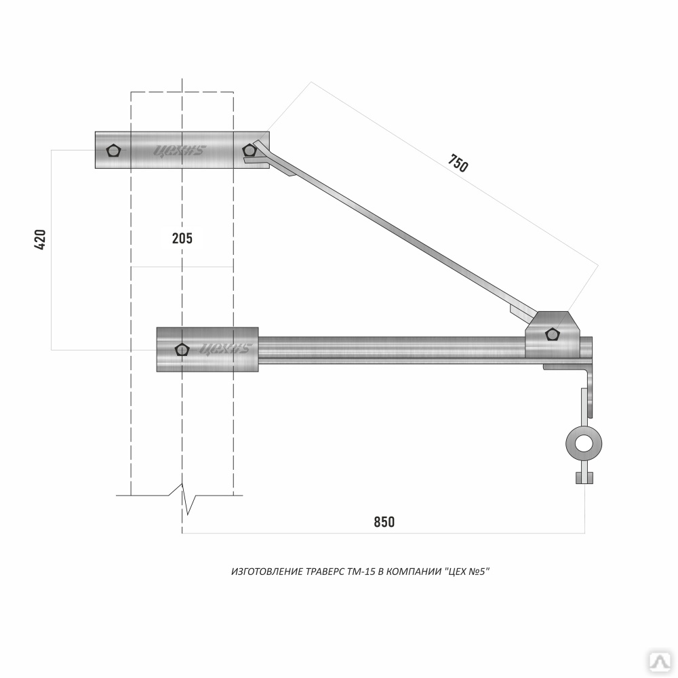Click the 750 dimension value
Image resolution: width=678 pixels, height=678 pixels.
pos(458,163)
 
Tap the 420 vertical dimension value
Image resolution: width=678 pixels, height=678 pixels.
pos(40,239)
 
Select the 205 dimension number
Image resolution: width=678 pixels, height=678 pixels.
pos(182,238)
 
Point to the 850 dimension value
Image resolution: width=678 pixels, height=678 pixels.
pos(384,522)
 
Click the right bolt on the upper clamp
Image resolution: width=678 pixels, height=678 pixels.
pos(250,150)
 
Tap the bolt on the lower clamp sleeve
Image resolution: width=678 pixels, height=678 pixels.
pos(182,350)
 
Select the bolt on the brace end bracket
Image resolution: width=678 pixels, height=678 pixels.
pos(553,334)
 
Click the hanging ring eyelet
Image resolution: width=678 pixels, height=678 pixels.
pos(584,444)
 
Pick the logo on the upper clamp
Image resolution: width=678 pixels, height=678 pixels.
pos(180,151)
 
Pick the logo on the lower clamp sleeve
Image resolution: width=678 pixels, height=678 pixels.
pos(226,349)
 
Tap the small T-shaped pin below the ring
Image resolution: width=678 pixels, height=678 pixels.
pos(584,477)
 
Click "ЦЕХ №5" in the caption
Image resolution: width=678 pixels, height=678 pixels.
pos(466,572)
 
